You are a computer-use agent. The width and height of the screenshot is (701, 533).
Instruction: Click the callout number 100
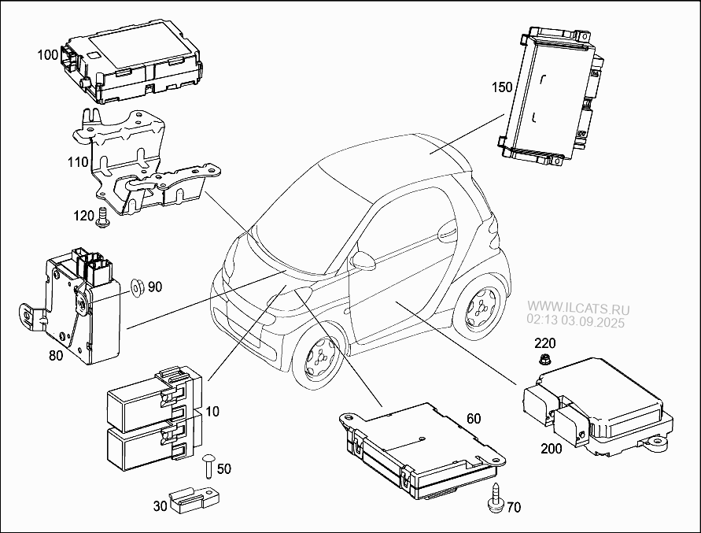pyautogui.click(x=48, y=55)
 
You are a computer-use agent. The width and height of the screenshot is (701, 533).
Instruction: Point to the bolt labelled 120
pyautogui.click(x=101, y=220)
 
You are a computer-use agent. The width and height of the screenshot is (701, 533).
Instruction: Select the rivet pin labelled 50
pyautogui.click(x=208, y=466)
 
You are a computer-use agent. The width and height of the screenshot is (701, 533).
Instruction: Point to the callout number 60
pyautogui.click(x=472, y=418)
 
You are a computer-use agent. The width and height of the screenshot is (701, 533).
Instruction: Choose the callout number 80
pyautogui.click(x=56, y=355)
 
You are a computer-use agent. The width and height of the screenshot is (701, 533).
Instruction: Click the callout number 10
pyautogui.click(x=213, y=412)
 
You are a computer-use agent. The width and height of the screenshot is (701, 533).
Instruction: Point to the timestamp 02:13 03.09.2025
pyautogui.click(x=574, y=321)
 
